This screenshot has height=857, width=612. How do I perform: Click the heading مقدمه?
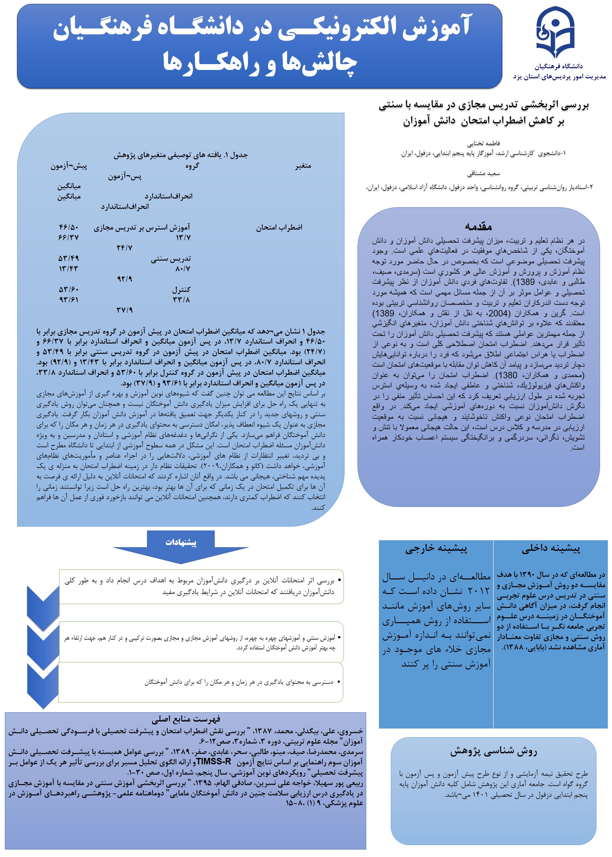click(x=478, y=226)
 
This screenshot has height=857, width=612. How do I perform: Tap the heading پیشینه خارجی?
click(x=436, y=549)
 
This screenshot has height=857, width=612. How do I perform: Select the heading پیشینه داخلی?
click(x=550, y=549)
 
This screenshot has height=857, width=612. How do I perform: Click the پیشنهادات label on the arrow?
click(x=181, y=542)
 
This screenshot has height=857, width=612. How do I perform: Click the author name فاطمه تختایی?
click(x=483, y=143)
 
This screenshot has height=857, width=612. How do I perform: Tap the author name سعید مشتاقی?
click(x=483, y=174)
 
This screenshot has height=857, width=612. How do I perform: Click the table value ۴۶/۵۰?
click(x=69, y=227)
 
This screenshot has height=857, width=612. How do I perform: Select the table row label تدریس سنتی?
click(x=171, y=258)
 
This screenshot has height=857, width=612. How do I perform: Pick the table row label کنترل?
click(x=181, y=290)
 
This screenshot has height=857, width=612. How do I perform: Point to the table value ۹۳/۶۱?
click(x=69, y=300)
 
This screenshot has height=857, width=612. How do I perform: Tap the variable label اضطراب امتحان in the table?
click(x=279, y=228)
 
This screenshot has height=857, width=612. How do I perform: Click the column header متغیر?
click(x=303, y=166)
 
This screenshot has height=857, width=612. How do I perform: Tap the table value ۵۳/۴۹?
click(x=69, y=258)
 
